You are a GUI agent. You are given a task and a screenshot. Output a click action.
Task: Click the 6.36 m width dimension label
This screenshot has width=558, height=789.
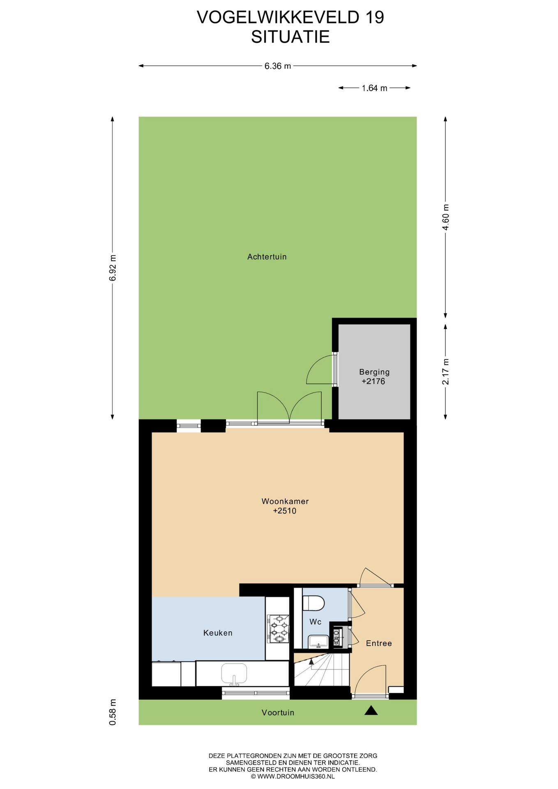coord(277,66)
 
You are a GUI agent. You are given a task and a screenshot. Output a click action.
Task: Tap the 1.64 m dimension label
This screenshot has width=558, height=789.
coord(374,88)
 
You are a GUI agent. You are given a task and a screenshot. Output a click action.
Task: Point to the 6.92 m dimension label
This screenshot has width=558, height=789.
coord(113,268)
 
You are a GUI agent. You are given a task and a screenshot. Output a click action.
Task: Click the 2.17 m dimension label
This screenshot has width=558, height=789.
coord(445,371)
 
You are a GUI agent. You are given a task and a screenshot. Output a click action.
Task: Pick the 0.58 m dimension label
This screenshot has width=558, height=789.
coord(113,712)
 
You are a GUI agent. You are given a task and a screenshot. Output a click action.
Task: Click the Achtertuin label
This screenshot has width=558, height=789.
coord(267,257)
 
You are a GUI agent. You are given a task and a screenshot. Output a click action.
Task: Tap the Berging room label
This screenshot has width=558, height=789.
coord(374,372)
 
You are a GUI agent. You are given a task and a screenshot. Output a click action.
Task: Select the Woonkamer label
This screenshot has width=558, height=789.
coord(285,501)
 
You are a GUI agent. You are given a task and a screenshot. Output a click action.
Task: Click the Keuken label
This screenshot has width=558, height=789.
coord(218,633)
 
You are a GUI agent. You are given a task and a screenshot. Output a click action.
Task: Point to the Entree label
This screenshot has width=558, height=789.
coord(379,643)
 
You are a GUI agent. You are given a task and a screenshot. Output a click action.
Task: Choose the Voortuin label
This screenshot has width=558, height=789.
coord(278,713)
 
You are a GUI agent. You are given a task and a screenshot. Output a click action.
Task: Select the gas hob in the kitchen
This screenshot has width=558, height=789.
coord(278,628)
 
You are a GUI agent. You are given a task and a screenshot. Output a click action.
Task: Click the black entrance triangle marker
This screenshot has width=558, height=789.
coord(371,711)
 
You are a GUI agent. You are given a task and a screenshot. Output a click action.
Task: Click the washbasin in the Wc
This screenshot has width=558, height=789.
coord(318,641)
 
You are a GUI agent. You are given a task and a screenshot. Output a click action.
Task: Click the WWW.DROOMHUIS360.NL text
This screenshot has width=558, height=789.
coord(296,776)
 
